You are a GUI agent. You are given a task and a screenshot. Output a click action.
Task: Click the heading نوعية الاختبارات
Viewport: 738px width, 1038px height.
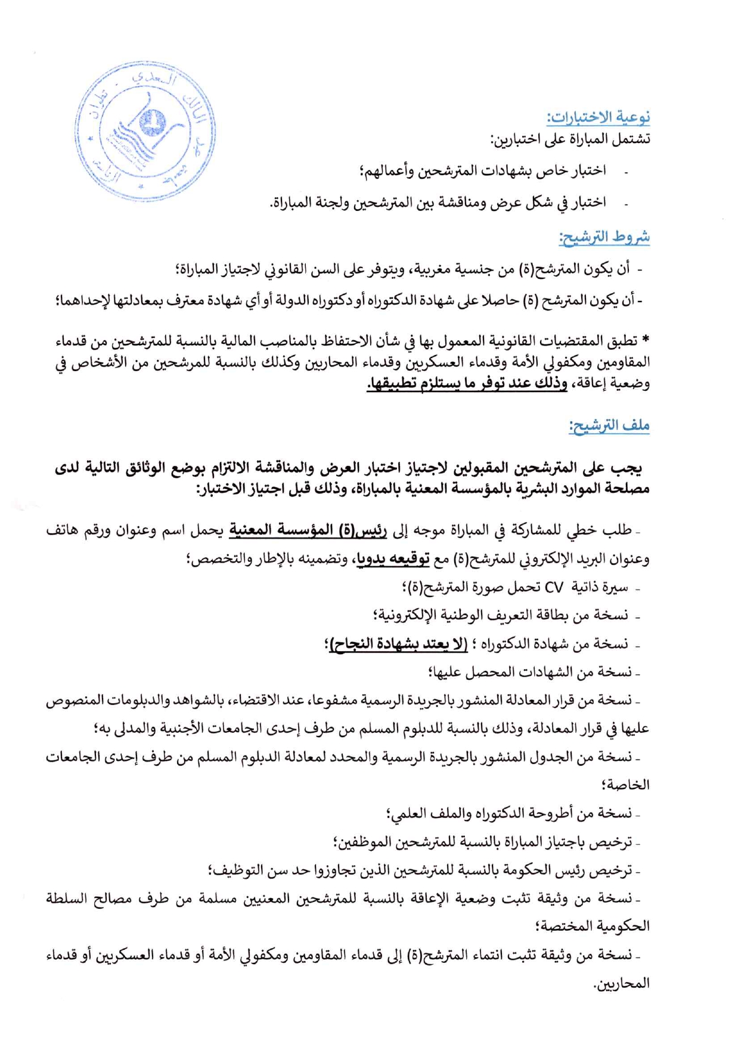tap(599, 117)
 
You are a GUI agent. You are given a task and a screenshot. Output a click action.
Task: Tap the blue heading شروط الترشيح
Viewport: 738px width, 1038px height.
tap(604, 237)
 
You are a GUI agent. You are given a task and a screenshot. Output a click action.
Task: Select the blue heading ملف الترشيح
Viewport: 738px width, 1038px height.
tap(609, 426)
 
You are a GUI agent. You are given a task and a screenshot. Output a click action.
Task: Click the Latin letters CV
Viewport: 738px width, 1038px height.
tap(554, 588)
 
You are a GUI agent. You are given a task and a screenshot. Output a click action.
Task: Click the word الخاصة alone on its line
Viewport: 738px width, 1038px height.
tap(627, 785)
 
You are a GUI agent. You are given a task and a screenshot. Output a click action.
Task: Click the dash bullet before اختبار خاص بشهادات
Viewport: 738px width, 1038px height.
tap(626, 172)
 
